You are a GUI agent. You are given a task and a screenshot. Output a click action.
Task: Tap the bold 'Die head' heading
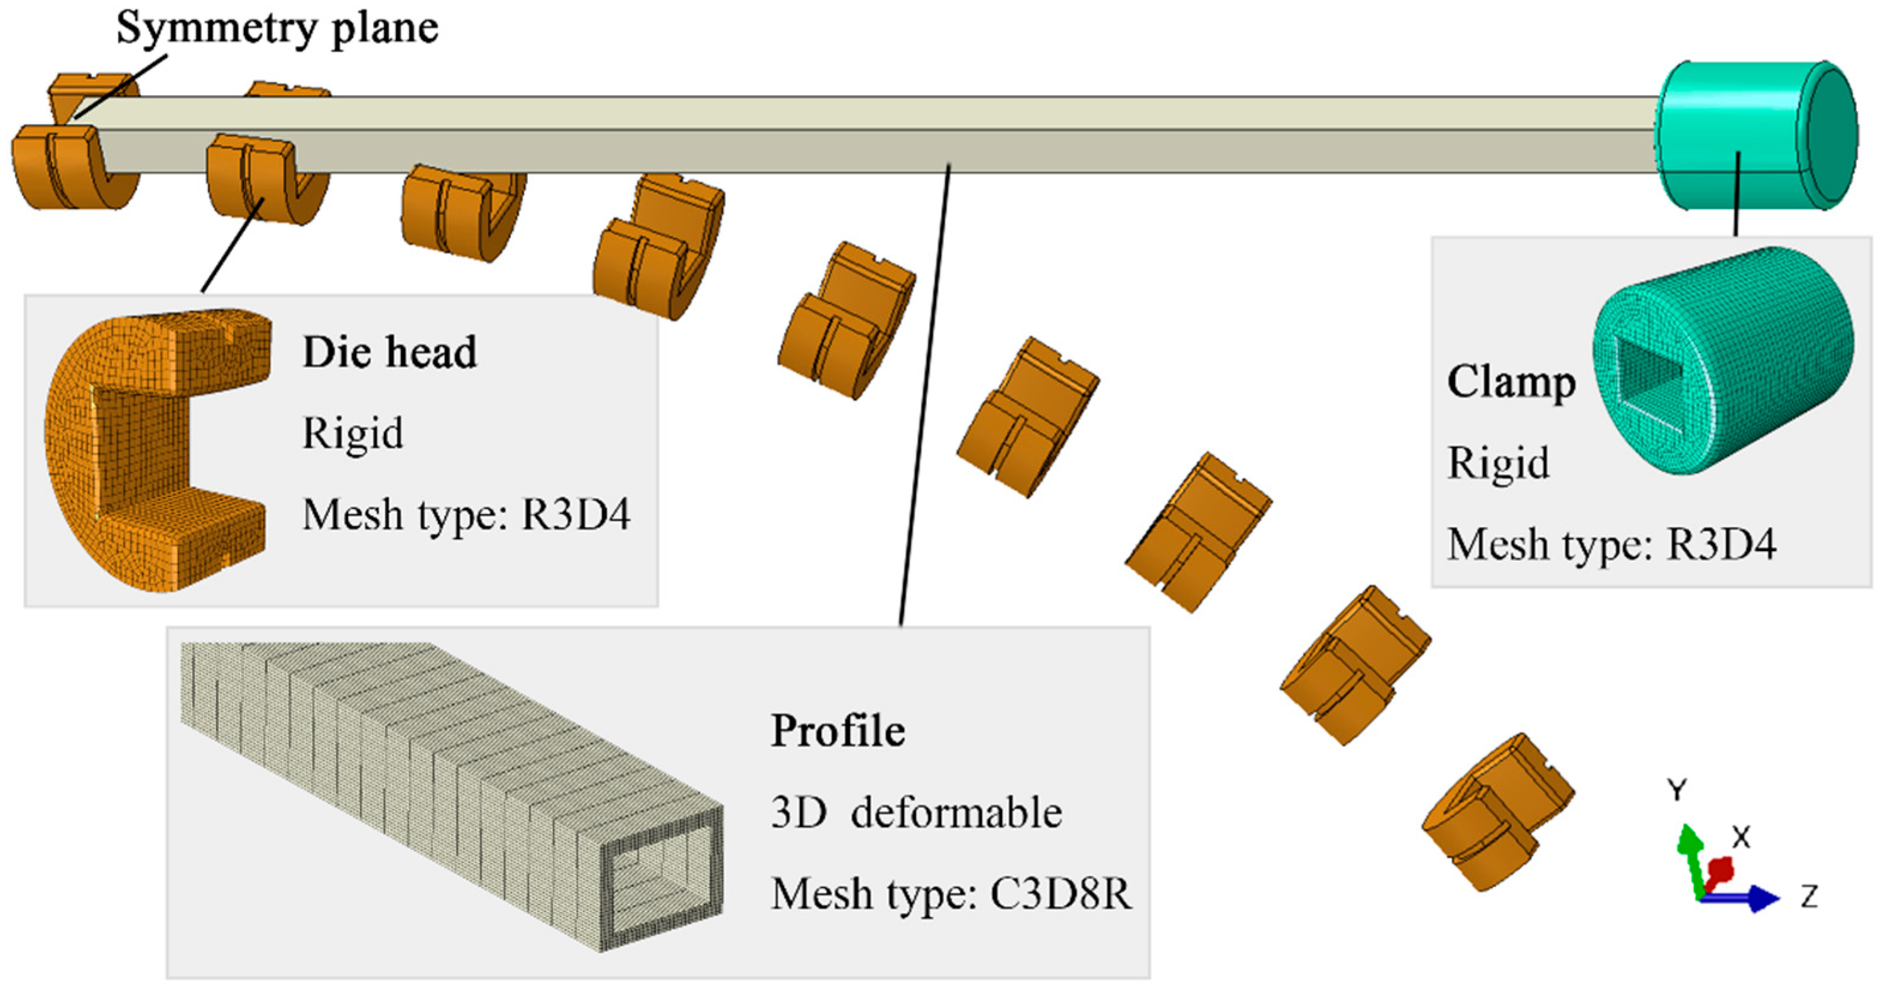tap(389, 352)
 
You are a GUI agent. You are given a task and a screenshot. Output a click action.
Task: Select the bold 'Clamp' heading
tap(1511, 383)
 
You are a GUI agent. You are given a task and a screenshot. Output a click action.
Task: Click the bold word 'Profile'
tap(838, 730)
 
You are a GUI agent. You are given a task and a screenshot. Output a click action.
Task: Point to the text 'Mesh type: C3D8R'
tap(951, 894)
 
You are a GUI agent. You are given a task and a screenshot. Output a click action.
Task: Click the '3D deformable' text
tap(916, 812)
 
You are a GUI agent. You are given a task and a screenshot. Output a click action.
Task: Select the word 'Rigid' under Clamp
tap(1498, 463)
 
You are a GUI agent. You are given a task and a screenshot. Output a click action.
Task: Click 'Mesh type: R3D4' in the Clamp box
tap(1611, 544)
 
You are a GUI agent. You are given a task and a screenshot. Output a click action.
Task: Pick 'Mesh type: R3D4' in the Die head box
tap(466, 514)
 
